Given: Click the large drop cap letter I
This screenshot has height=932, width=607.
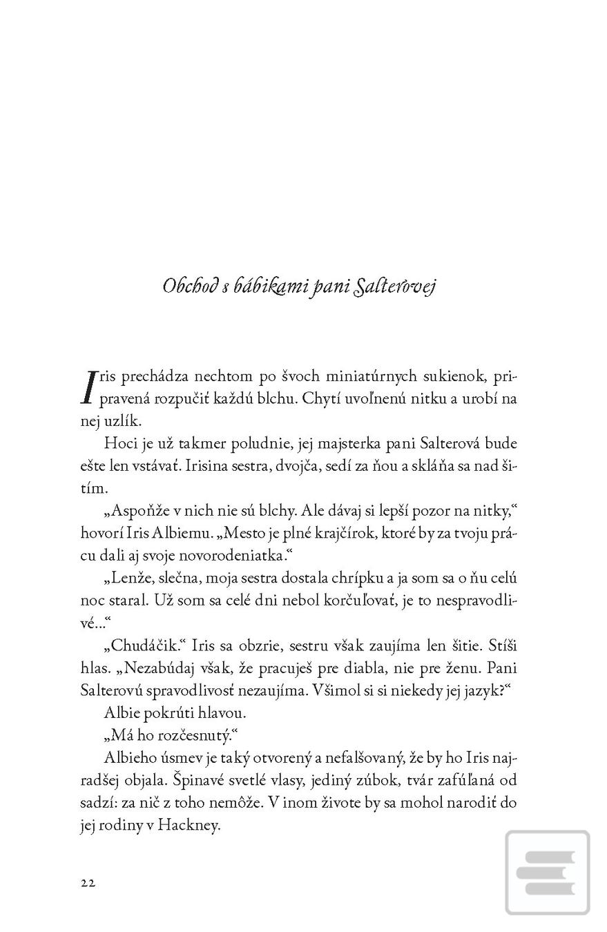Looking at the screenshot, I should coord(89,387).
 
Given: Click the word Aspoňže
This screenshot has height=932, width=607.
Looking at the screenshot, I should coord(137,510).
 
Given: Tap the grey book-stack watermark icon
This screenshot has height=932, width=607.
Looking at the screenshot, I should coord(547,873).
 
